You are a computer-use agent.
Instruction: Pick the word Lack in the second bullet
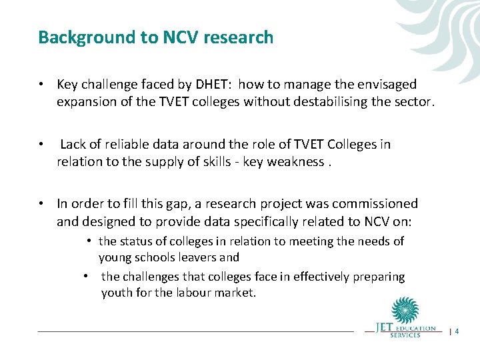pos(74,145)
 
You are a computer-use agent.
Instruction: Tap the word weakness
pos(295,162)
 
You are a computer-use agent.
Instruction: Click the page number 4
pos(457,331)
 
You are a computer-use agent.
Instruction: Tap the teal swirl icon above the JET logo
pos(405,311)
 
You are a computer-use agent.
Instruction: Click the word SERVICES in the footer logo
pos(406,335)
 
